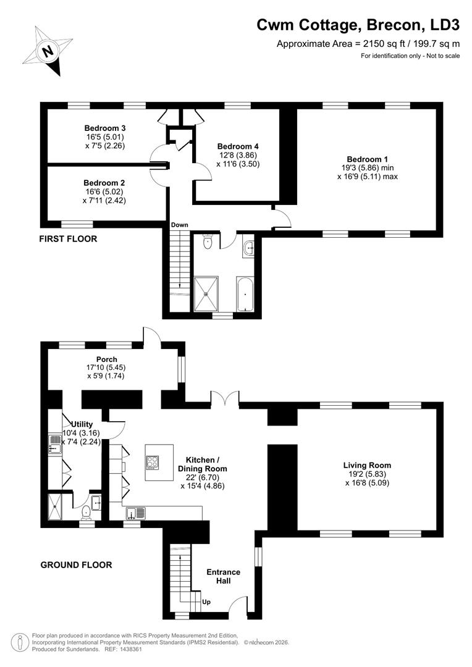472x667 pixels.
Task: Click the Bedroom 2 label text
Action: point(104,183)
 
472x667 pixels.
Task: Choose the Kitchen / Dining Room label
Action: point(207,460)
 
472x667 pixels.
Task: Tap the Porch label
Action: point(106,359)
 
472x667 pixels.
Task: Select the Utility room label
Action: point(82,424)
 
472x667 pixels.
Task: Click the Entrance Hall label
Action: point(223,576)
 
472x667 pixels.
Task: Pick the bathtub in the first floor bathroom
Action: point(245,294)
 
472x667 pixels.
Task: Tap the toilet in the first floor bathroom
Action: point(208,242)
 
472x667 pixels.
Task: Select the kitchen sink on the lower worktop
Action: point(136,512)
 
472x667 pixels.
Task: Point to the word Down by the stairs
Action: point(180,225)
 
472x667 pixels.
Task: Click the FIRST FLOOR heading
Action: point(68,238)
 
